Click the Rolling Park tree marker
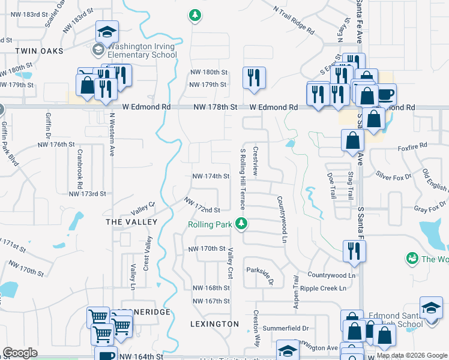(x=241, y=224)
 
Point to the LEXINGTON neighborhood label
(x=214, y=324)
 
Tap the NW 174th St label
(x=211, y=176)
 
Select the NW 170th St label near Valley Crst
(x=206, y=248)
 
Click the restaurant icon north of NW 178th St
(x=254, y=78)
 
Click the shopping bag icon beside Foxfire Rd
(x=352, y=142)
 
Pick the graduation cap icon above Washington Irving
(x=107, y=32)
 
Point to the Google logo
(x=20, y=353)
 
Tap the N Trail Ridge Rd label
(x=294, y=19)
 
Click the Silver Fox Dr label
(x=393, y=174)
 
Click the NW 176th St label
(x=55, y=145)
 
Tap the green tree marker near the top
(x=194, y=14)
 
